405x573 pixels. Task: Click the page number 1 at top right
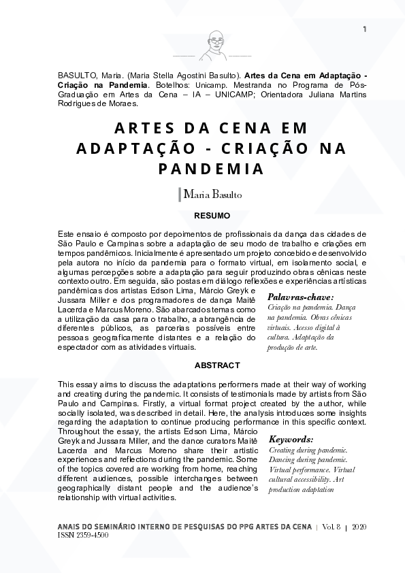366,29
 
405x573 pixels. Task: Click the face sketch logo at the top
212,46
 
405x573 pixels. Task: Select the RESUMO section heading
212,215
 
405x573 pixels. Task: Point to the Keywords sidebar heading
291,440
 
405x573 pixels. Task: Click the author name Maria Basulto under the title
213,195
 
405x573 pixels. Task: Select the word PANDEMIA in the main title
212,167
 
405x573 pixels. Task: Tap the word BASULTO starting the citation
77,75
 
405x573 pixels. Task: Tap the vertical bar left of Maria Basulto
179,194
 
